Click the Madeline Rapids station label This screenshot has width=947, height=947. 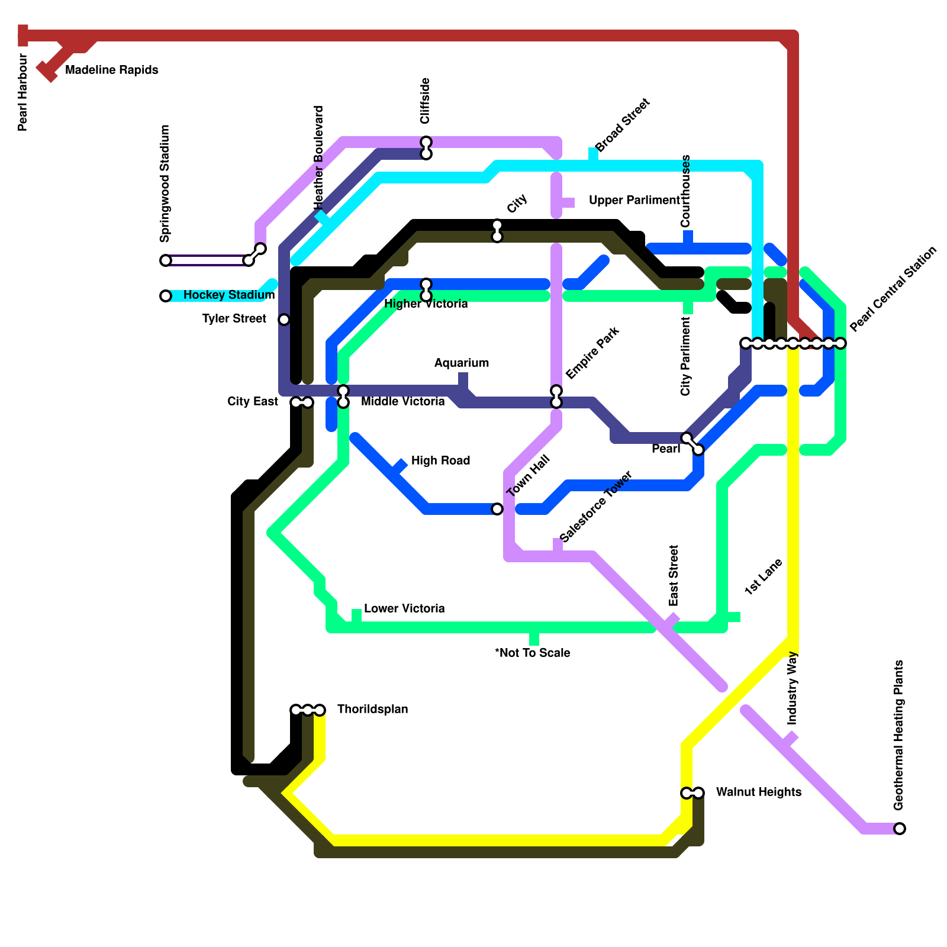[x=111, y=70]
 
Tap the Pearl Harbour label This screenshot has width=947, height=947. [x=23, y=92]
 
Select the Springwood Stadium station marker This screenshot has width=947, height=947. [x=166, y=260]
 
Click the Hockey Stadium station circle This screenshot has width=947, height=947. [x=166, y=296]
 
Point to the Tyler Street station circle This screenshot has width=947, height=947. [x=284, y=320]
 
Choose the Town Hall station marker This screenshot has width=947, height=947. [x=497, y=509]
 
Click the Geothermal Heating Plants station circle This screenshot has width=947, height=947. [x=900, y=829]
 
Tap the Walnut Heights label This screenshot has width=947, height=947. [x=758, y=793]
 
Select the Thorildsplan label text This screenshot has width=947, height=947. [x=372, y=710]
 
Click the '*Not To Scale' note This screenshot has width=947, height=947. [x=533, y=653]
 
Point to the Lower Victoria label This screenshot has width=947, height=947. [x=404, y=609]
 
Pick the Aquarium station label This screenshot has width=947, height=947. [x=462, y=363]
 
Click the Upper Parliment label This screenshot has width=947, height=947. [x=634, y=201]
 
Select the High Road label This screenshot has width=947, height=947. [x=440, y=461]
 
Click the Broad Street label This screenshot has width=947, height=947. [x=622, y=125]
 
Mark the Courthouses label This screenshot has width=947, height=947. [x=686, y=191]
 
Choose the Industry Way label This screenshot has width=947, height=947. [x=793, y=688]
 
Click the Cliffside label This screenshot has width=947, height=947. [x=425, y=101]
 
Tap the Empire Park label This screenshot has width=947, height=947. [x=592, y=353]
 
